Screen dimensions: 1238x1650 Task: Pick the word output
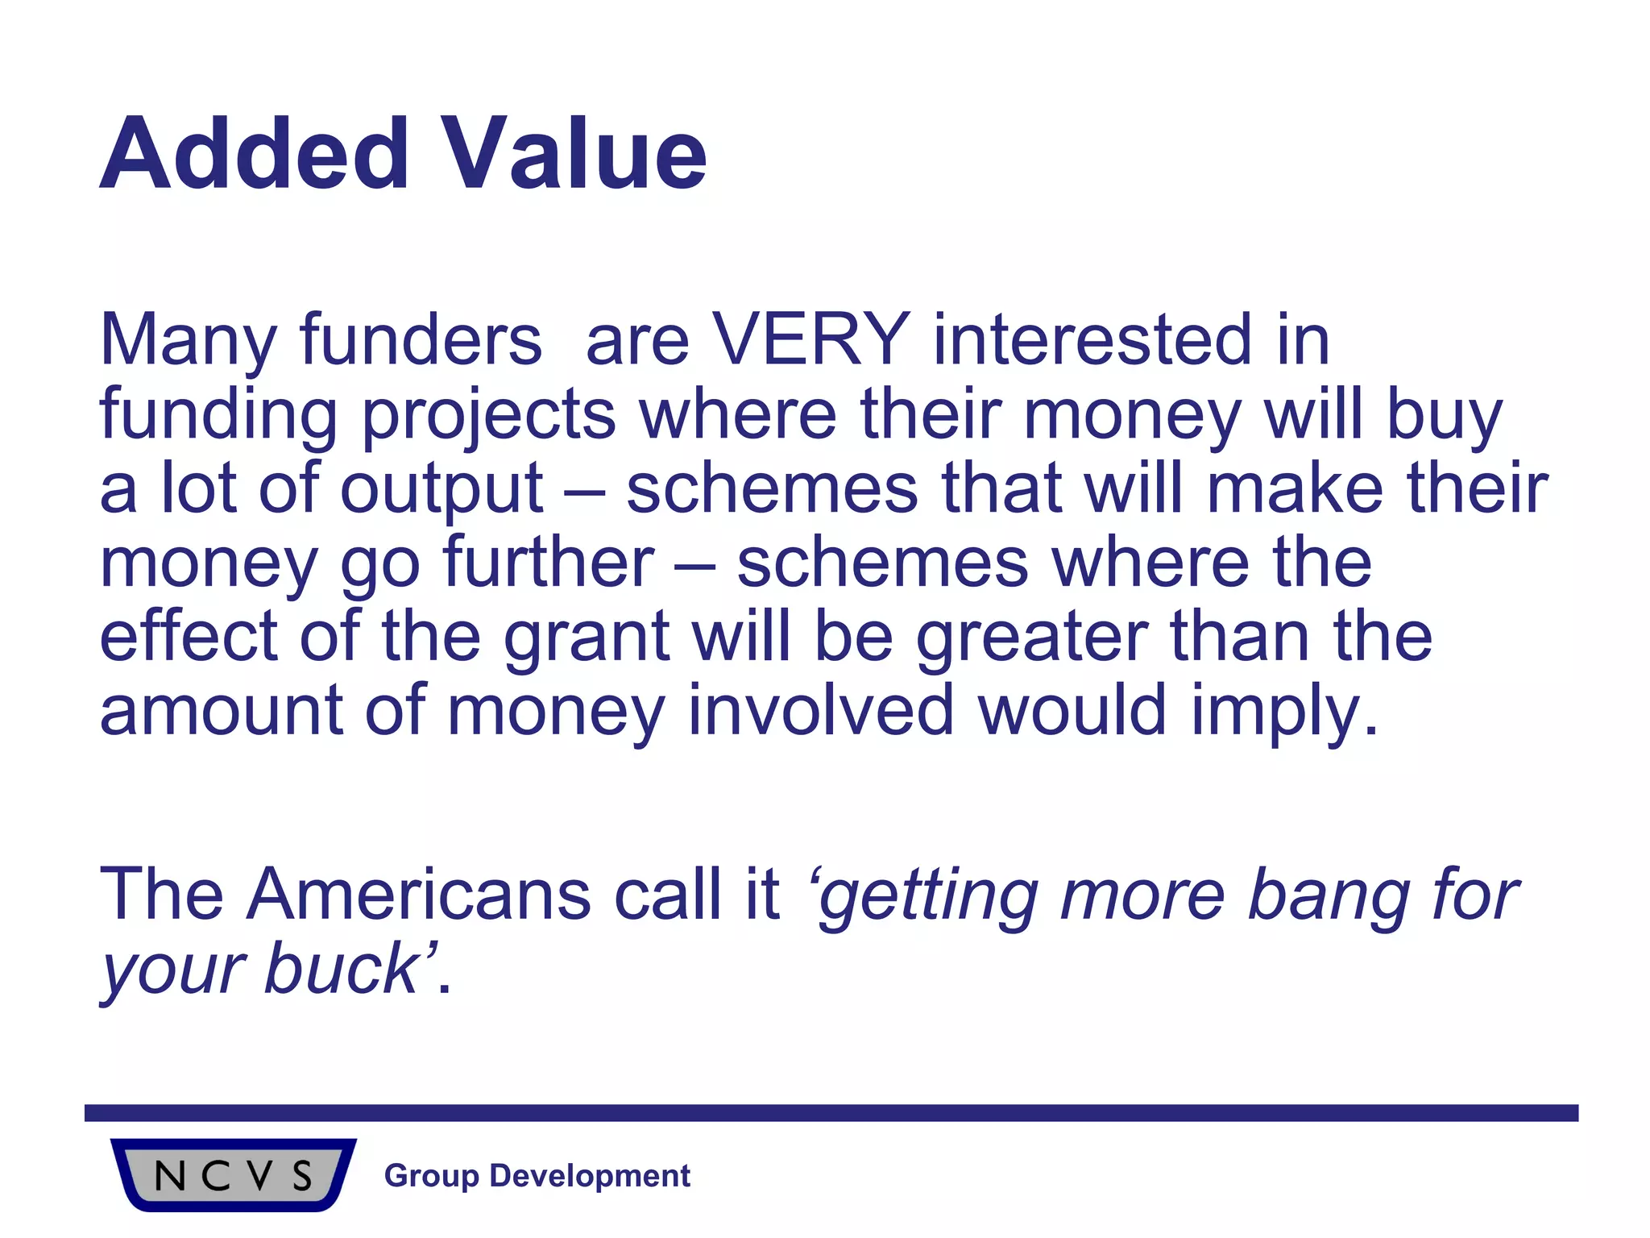[x=442, y=490]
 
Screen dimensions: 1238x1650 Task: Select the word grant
[x=587, y=638]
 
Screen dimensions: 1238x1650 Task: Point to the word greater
[x=1032, y=638]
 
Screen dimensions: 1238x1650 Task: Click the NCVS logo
[x=233, y=1174]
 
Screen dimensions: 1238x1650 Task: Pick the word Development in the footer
[x=590, y=1176]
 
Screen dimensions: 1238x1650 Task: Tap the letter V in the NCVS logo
[x=259, y=1175]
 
